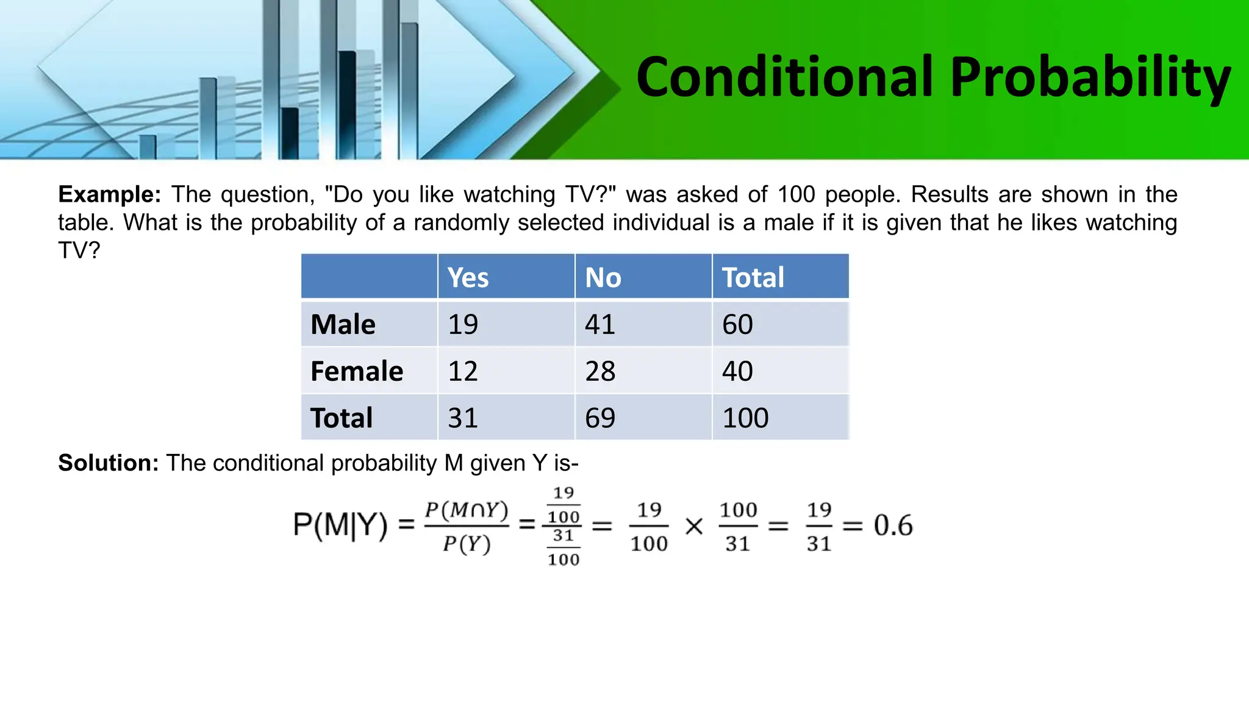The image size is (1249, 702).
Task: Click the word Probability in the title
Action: point(1090,77)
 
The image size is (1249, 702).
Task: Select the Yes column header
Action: point(468,278)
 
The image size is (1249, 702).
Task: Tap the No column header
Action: point(603,278)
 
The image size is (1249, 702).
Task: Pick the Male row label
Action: point(343,324)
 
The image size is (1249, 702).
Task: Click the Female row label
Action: point(357,371)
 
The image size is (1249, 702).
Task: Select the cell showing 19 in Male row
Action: point(463,324)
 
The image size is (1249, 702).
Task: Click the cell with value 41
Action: point(600,324)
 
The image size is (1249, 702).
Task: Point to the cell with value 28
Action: point(600,371)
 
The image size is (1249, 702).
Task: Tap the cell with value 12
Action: point(463,371)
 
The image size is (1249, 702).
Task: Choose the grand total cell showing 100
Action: point(745,418)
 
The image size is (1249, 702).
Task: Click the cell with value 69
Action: point(600,418)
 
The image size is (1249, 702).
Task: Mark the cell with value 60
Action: point(737,324)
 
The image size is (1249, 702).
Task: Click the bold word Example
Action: point(109,194)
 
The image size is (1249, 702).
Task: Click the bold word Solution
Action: point(108,463)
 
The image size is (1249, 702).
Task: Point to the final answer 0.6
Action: point(893,525)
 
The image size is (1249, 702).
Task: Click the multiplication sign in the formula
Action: point(694,526)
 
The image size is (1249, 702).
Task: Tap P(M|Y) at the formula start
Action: point(340,525)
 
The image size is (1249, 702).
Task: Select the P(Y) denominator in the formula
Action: point(467,544)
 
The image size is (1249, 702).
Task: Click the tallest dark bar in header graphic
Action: point(347,104)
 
